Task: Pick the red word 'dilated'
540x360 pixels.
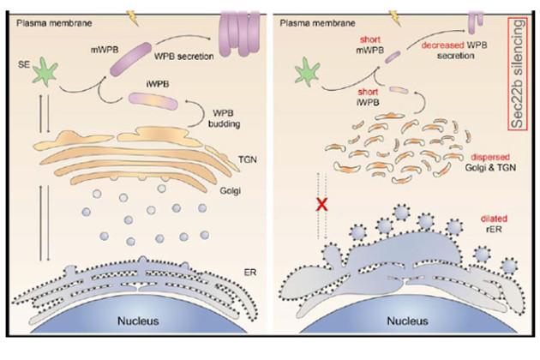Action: (x=479, y=219)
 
